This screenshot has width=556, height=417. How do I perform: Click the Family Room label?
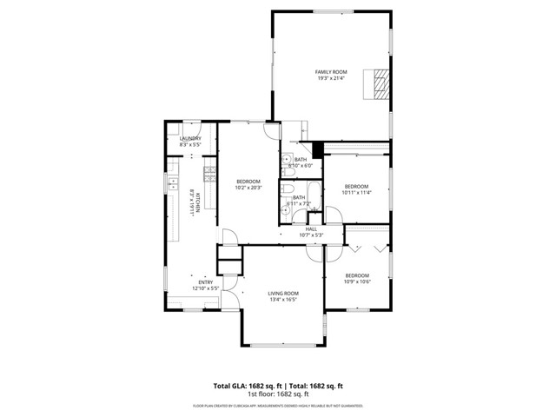(331, 71)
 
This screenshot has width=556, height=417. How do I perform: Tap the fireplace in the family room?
(379, 84)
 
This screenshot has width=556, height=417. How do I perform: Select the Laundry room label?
(190, 138)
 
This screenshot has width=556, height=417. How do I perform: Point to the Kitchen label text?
(200, 202)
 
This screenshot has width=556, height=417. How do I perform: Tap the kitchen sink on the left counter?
(171, 184)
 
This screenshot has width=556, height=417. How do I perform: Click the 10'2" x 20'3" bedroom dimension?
(248, 188)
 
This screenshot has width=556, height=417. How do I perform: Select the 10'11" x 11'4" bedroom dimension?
(356, 193)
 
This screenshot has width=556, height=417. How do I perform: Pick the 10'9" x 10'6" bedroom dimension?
(356, 281)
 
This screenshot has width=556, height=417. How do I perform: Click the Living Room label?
(282, 294)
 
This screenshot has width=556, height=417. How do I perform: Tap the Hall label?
(311, 228)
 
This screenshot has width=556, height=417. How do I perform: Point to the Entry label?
(206, 281)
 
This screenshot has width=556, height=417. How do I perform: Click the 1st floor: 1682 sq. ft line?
(278, 394)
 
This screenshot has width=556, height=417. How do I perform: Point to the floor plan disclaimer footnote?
(278, 406)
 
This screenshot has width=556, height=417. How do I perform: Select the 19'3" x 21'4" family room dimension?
(331, 78)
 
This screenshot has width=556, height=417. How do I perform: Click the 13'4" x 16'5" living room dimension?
(282, 300)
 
